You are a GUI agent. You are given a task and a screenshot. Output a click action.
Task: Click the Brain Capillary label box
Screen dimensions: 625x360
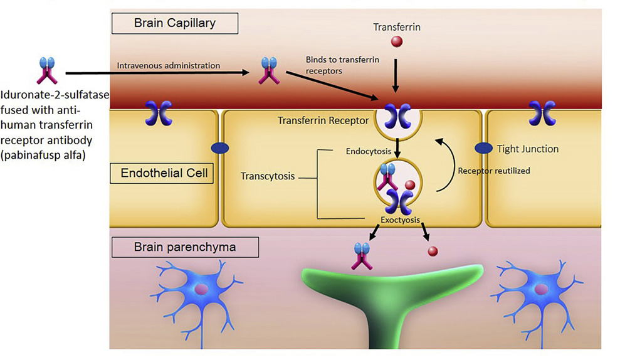174,23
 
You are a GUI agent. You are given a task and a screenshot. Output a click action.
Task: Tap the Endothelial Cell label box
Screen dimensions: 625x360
162,173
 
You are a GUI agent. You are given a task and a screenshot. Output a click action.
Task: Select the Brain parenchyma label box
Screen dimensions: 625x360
185,247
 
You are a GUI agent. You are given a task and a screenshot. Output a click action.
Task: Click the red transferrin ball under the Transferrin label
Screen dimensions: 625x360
397,41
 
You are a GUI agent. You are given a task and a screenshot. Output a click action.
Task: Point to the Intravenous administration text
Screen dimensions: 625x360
168,65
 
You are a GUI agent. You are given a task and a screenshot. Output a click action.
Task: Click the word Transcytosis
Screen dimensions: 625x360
268,176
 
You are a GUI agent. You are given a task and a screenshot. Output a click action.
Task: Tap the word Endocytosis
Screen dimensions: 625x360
369,151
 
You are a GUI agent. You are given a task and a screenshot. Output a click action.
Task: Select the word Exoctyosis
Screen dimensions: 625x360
400,220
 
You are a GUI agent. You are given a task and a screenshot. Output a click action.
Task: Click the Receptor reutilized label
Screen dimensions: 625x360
494,171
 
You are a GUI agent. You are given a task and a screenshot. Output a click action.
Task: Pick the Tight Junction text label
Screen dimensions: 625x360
528,149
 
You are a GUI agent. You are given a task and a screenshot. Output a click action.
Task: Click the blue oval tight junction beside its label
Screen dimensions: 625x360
483,148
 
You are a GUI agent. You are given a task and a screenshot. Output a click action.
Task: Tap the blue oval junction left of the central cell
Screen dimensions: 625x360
219,148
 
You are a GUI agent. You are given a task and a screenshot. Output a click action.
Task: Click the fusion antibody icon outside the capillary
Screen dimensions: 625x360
47,71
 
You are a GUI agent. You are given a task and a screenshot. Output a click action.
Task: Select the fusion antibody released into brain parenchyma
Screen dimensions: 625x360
362,257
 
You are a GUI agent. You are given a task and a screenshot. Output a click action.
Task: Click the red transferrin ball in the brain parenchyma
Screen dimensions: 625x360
433,251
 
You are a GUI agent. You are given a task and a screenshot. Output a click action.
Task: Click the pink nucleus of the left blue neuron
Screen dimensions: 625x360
201,289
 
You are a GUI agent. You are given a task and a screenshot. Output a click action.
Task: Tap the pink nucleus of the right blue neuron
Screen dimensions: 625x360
541,289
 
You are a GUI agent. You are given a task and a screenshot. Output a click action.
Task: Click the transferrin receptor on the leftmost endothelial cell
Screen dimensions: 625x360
159,114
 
